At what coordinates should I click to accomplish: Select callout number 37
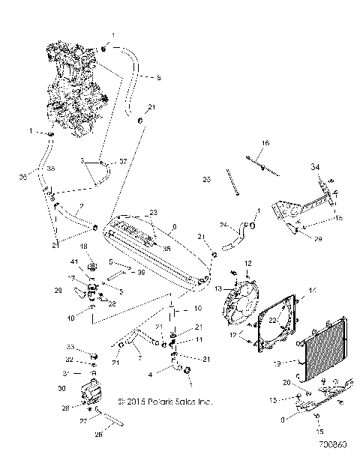[x=124, y=162]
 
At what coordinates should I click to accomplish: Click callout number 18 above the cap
[x=84, y=246]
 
